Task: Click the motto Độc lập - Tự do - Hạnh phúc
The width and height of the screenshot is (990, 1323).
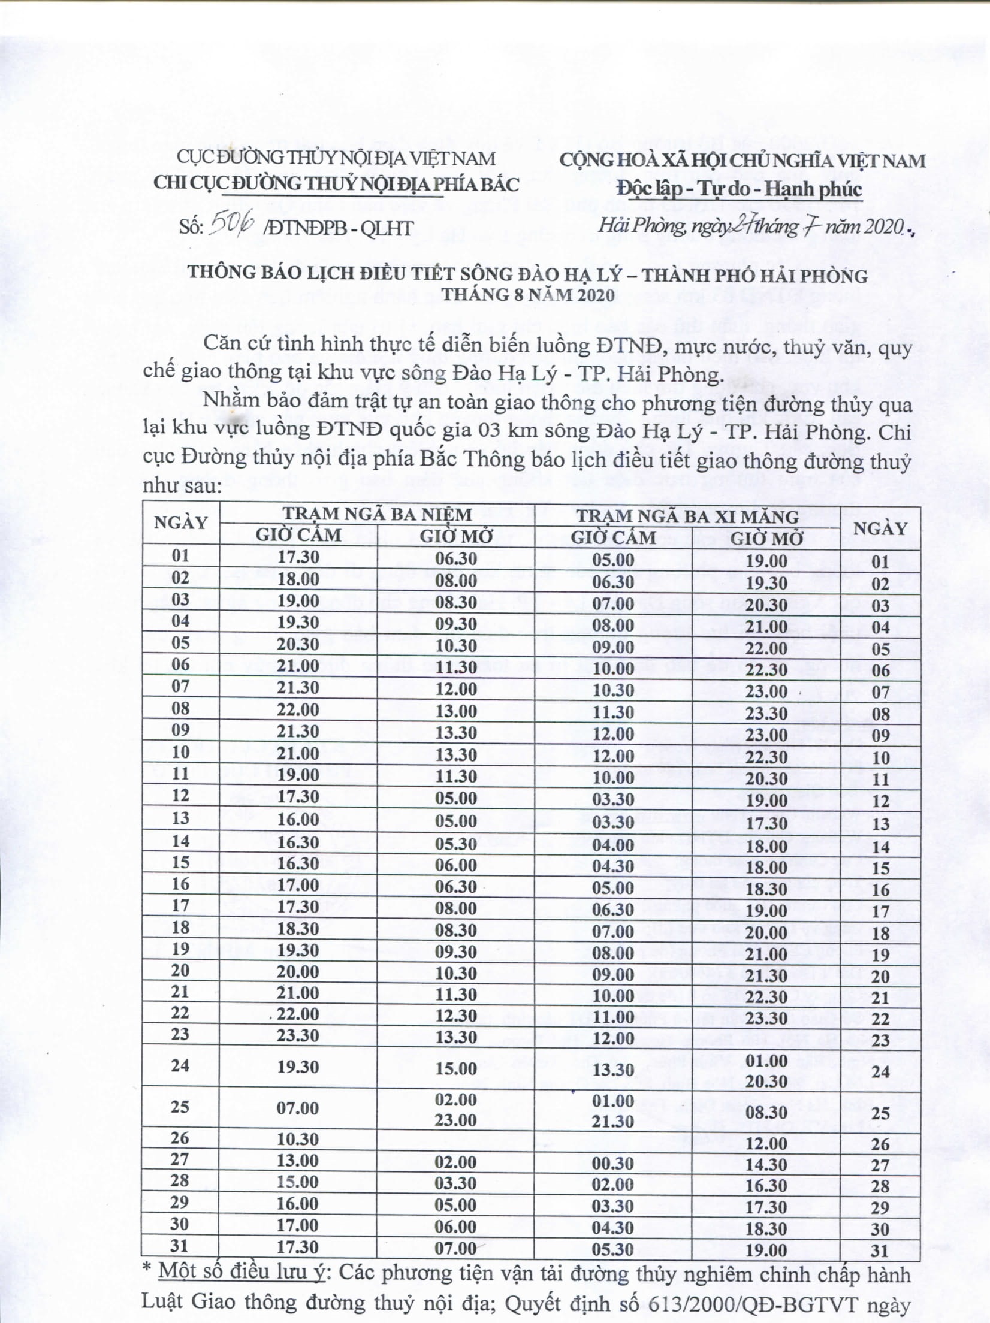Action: (740, 190)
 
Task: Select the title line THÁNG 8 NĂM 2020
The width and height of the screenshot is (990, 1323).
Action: (528, 295)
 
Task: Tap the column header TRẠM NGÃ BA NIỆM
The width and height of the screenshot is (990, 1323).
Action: (378, 514)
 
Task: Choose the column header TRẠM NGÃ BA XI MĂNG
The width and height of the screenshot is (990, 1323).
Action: (687, 516)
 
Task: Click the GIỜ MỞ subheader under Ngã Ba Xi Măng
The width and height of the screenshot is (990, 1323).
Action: (766, 537)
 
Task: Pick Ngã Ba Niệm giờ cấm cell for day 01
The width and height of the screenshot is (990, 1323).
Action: (298, 557)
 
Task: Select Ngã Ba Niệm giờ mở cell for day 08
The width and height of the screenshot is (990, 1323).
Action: (456, 711)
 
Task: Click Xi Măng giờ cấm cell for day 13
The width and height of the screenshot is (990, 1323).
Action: (612, 821)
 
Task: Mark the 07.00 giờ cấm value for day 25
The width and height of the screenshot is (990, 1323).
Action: (298, 1108)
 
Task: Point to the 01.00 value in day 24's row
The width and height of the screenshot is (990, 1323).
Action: (766, 1061)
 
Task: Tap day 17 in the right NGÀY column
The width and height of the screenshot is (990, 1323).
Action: (880, 912)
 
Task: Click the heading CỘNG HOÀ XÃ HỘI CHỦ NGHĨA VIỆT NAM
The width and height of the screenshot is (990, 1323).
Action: (742, 161)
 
